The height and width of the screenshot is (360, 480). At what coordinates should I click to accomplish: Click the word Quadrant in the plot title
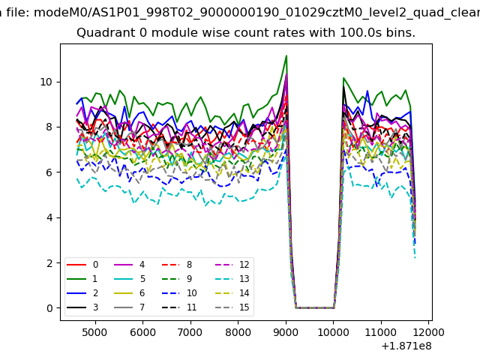point(105,34)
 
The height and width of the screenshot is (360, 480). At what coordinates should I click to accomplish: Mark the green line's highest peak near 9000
point(286,55)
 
